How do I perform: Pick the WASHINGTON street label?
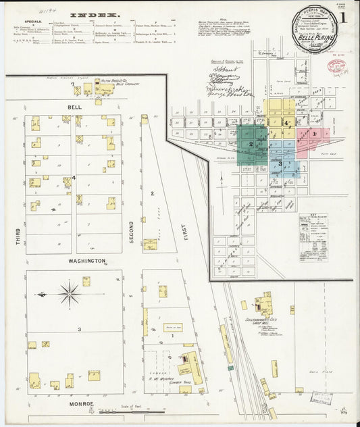pyautogui.click(x=86, y=260)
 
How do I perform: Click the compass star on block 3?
pyautogui.click(x=69, y=294)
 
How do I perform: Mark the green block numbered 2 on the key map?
pyautogui.click(x=251, y=143)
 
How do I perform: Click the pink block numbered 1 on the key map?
pyautogui.click(x=314, y=134)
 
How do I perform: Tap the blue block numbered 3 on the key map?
pyautogui.click(x=280, y=164)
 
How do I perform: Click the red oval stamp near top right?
pyautogui.click(x=336, y=66)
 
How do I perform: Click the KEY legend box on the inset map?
pyautogui.click(x=313, y=228)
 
